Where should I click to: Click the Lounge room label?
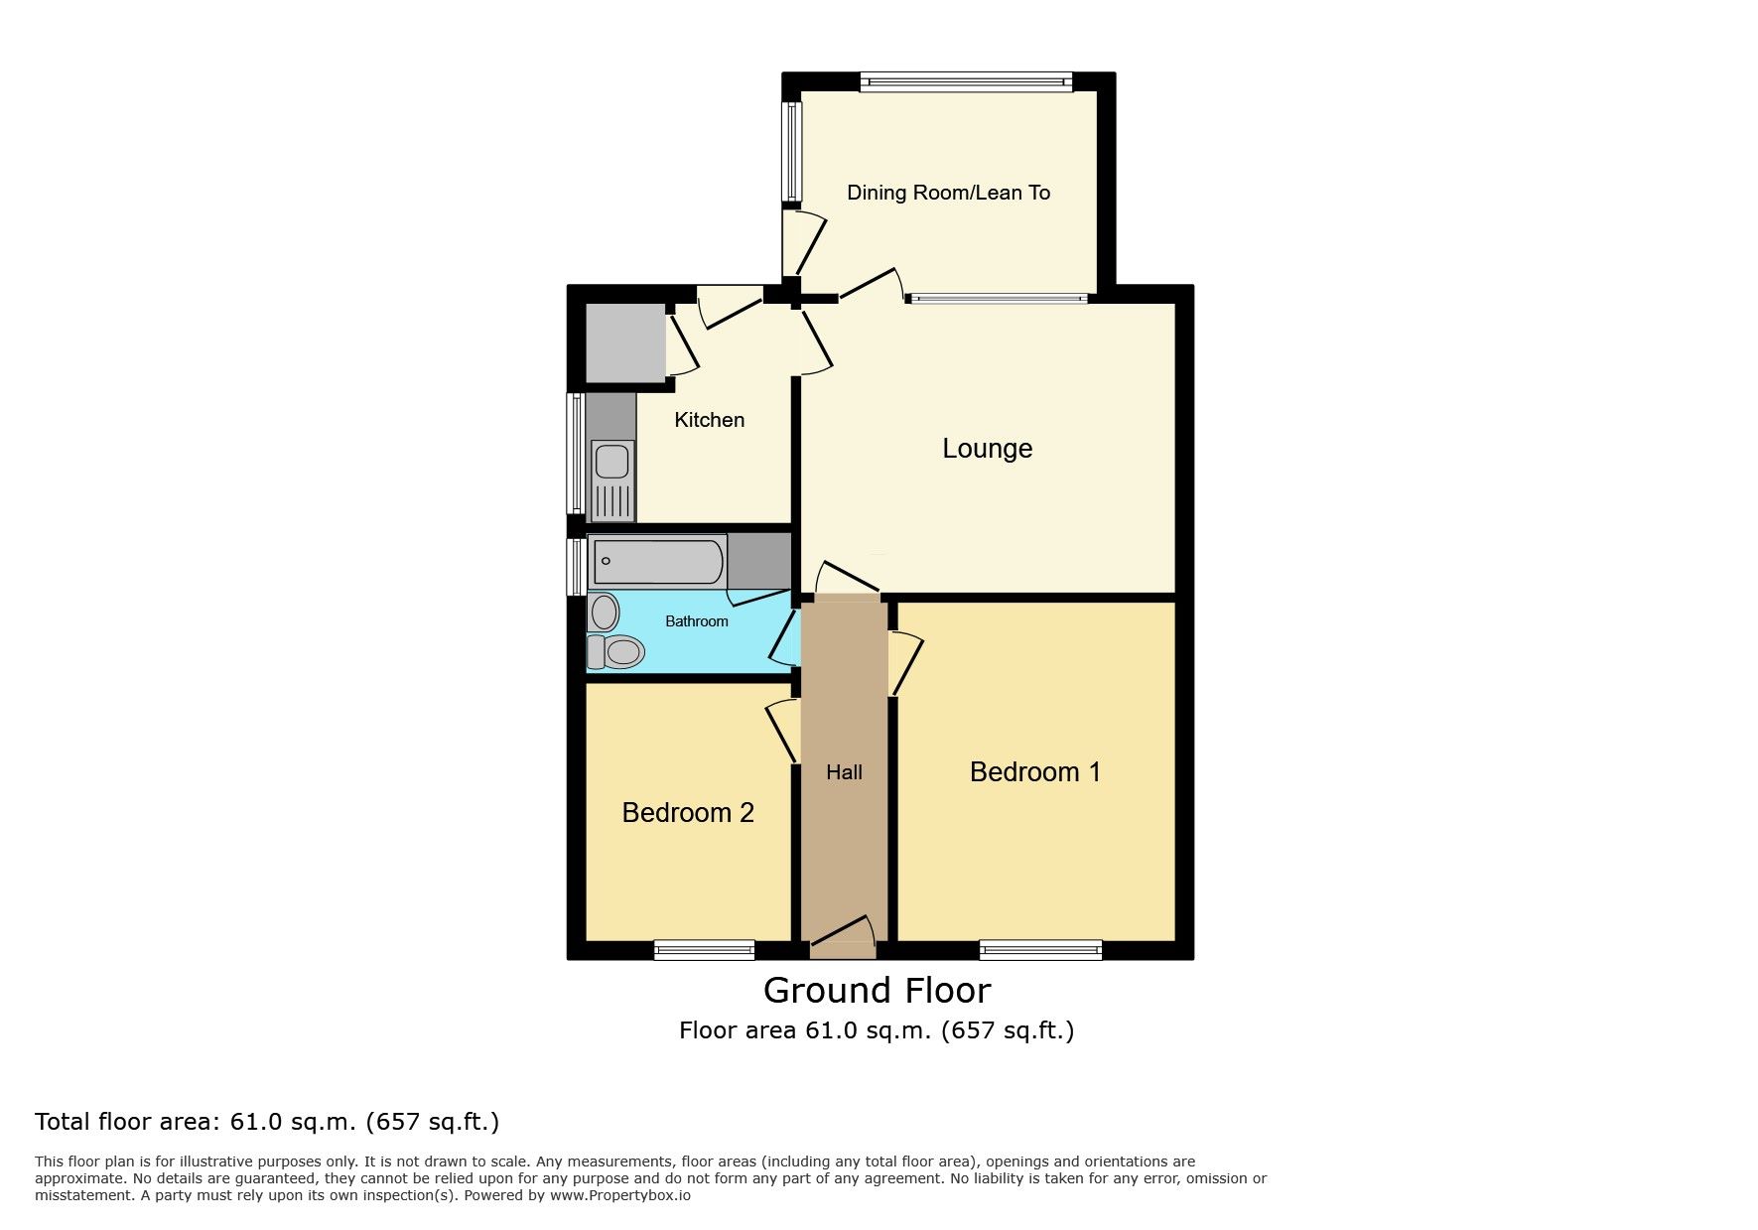(987, 449)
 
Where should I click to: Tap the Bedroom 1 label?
(1035, 772)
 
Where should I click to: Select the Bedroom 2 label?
(688, 813)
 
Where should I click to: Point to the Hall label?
(844, 772)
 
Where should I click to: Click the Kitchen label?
(709, 420)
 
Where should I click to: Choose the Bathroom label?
(696, 621)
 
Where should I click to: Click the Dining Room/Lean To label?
(948, 193)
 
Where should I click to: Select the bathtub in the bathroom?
(658, 562)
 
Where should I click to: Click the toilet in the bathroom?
(615, 652)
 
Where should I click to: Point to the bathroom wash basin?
(604, 613)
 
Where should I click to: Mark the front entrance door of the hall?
(844, 937)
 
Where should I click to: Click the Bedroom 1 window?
(1040, 950)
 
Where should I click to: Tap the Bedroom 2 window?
(704, 950)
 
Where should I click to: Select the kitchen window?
(575, 454)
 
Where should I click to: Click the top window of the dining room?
(966, 82)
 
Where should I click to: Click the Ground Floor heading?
(877, 991)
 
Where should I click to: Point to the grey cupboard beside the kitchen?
(625, 342)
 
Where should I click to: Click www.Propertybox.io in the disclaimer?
(620, 1195)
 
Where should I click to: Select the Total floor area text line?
(267, 1122)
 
